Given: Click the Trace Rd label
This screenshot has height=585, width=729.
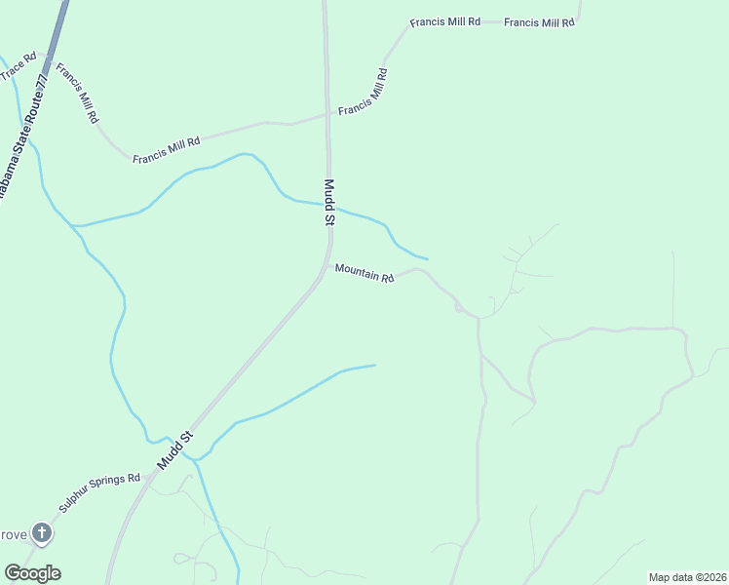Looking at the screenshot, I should (18, 66).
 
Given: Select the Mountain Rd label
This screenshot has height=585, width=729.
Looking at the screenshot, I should (364, 273).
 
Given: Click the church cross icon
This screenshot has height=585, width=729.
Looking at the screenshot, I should (41, 532).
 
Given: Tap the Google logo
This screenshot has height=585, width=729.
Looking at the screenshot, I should (32, 573).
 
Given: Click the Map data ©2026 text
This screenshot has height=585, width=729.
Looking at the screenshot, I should (686, 577).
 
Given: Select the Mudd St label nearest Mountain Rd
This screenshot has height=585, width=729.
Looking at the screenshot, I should (329, 203).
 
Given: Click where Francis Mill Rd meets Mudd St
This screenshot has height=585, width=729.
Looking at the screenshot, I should (327, 114).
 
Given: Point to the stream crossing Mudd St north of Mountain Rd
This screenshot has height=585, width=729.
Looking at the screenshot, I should (328, 206).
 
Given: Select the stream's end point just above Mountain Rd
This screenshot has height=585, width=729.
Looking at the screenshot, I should (428, 258).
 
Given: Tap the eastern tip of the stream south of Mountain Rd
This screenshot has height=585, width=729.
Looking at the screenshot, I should (375, 365).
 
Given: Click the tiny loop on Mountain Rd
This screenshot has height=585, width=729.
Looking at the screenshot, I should (457, 307).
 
